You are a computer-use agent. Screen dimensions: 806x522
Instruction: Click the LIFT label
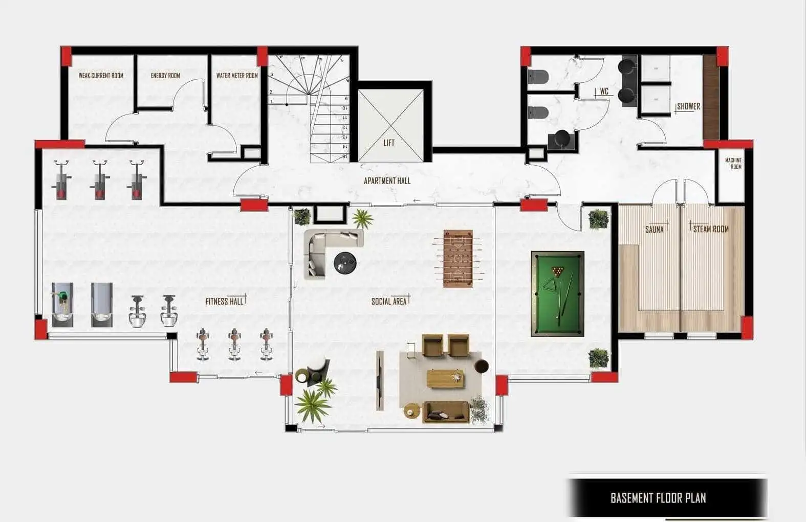click(x=389, y=143)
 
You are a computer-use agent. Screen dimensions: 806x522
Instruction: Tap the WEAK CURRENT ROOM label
click(x=101, y=76)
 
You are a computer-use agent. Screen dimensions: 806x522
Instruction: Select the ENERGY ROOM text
click(x=165, y=76)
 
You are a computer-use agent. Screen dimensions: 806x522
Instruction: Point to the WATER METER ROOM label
click(x=237, y=76)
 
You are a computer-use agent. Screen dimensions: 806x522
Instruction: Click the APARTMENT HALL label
click(x=387, y=181)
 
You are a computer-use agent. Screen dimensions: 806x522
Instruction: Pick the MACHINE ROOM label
click(x=733, y=164)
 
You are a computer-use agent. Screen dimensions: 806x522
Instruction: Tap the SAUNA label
click(x=655, y=230)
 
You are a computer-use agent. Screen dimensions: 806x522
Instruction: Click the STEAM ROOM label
click(x=711, y=229)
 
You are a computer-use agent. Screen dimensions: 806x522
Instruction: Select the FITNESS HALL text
click(x=225, y=301)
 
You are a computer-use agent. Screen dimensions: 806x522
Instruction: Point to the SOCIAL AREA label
click(x=389, y=301)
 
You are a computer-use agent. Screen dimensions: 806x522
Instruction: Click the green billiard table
click(x=557, y=293)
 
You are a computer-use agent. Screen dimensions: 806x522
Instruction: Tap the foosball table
click(x=458, y=259)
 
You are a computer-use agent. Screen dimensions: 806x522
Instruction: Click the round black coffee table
click(x=345, y=263)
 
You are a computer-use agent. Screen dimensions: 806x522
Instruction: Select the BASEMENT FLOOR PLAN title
click(x=658, y=498)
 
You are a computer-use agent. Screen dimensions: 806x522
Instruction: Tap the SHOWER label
click(x=689, y=106)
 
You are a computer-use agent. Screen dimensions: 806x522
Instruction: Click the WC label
click(x=604, y=92)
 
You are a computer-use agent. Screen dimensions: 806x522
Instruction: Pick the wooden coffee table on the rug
click(x=445, y=379)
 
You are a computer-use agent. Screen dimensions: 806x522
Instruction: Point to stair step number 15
click(x=344, y=156)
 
